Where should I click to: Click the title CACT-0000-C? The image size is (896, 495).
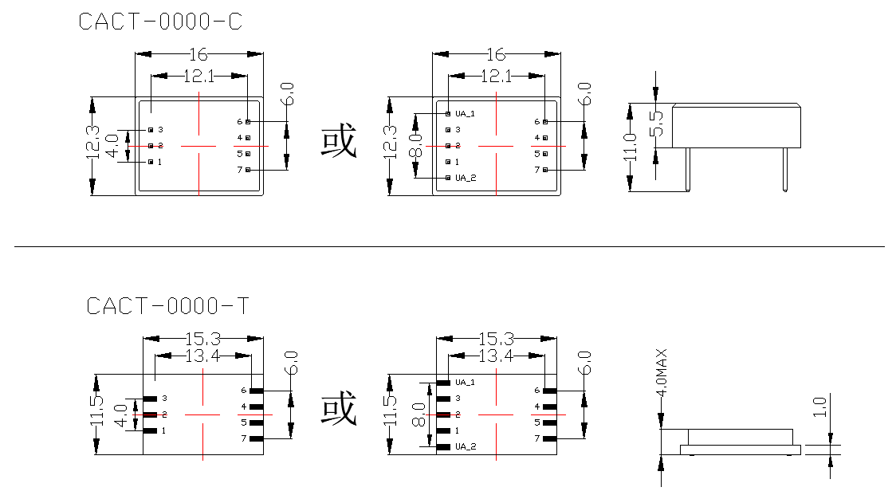point(160,22)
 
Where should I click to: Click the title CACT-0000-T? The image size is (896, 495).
point(167,306)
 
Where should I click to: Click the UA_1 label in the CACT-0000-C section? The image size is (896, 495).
point(466,113)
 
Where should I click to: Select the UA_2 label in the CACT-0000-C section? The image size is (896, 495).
point(466,178)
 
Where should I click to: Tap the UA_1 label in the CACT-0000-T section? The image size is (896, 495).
point(465,383)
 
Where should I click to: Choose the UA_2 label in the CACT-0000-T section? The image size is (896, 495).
point(466,447)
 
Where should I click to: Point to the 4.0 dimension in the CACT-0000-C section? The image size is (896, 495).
point(112,145)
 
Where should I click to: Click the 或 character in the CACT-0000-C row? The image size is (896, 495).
point(339,141)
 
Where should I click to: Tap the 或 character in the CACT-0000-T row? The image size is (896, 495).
point(339,409)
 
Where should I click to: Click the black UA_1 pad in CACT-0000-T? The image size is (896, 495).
point(443,383)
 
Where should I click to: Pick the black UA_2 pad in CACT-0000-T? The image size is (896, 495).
point(443,447)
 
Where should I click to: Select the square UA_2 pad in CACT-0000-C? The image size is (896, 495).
point(448,178)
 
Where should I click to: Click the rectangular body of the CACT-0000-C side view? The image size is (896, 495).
point(735,125)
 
